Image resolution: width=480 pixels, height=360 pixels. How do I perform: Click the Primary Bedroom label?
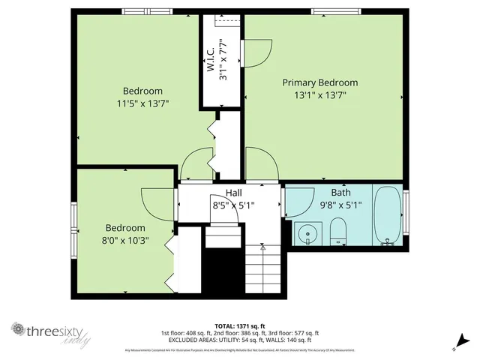click(319, 82)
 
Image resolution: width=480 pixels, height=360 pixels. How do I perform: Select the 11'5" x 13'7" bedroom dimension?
click(142, 103)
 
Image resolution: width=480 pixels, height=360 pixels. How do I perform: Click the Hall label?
click(223, 193)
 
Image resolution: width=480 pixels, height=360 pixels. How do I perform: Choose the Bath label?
click(340, 193)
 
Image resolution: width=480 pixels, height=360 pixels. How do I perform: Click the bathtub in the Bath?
click(387, 216)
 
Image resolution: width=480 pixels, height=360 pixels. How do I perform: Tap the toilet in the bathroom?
click(338, 231)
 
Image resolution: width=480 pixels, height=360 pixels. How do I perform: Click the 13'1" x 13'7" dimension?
click(319, 95)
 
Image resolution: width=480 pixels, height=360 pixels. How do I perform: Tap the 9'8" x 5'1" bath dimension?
click(341, 205)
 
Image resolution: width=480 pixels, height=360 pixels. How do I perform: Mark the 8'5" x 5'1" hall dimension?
click(235, 205)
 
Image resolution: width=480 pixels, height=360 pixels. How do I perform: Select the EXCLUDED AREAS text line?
click(240, 340)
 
